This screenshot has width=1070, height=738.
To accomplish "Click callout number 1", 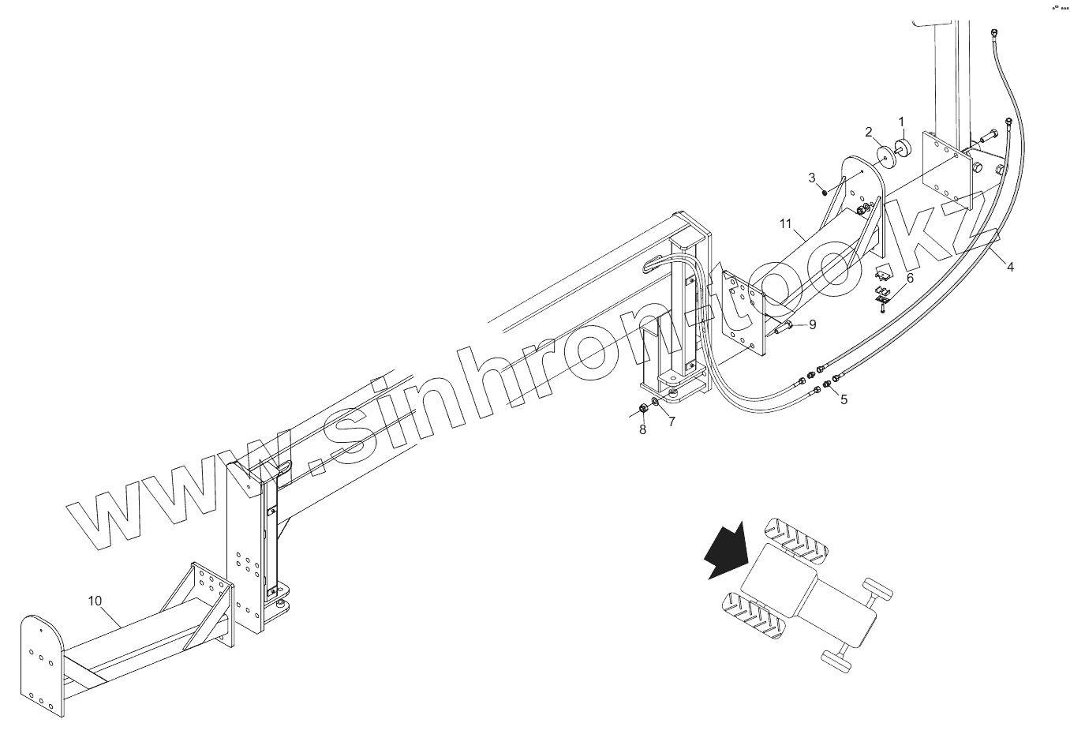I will (x=902, y=122).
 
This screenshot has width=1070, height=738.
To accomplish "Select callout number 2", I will (x=869, y=132).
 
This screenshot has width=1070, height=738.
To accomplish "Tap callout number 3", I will (x=812, y=178).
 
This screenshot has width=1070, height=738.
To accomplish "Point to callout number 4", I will (x=1010, y=268).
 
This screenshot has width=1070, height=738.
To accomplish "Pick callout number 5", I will (x=844, y=400).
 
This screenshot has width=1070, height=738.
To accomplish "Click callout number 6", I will (x=910, y=279).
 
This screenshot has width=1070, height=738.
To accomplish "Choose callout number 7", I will (x=672, y=421).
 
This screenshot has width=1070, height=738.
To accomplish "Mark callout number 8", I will (x=642, y=429).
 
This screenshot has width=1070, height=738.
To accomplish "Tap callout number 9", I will (x=812, y=324).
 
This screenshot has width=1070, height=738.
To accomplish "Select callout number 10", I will (x=95, y=601).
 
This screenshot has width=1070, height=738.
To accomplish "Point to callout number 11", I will (x=785, y=224).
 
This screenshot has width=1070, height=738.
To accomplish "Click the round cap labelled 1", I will (x=904, y=148).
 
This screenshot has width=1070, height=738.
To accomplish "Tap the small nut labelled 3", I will (x=823, y=190).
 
